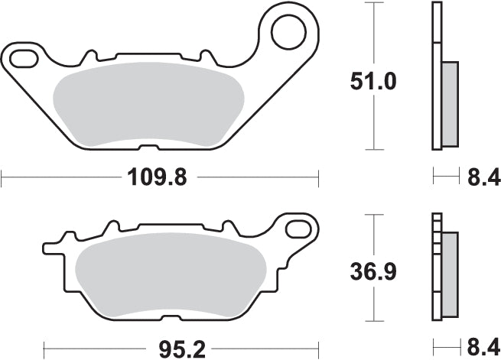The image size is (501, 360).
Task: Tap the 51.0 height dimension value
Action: (374, 81)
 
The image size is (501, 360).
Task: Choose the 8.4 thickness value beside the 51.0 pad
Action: (483, 178)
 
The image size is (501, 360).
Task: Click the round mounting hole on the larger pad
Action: (288, 32)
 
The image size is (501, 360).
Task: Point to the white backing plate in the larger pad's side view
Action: (437, 76)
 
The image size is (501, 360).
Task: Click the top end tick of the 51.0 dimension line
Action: (373, 4)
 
